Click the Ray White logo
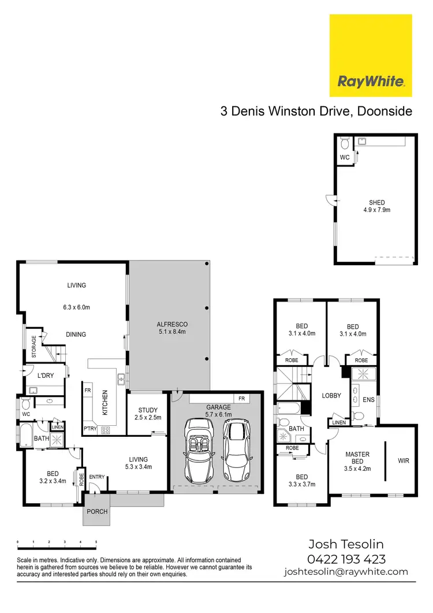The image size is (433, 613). (x=370, y=55)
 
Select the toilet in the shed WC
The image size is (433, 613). (x=345, y=143)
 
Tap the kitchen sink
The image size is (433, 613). (x=122, y=379)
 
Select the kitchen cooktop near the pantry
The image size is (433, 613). (x=106, y=430)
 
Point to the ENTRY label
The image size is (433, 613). (x=96, y=476)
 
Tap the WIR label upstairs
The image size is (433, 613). (x=403, y=462)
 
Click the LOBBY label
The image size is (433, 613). (x=331, y=396)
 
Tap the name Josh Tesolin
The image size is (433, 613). (x=346, y=544)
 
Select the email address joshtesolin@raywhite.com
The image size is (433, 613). (x=346, y=572)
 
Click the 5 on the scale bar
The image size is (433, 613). (x=96, y=542)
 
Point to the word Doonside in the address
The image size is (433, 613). (x=385, y=111)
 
